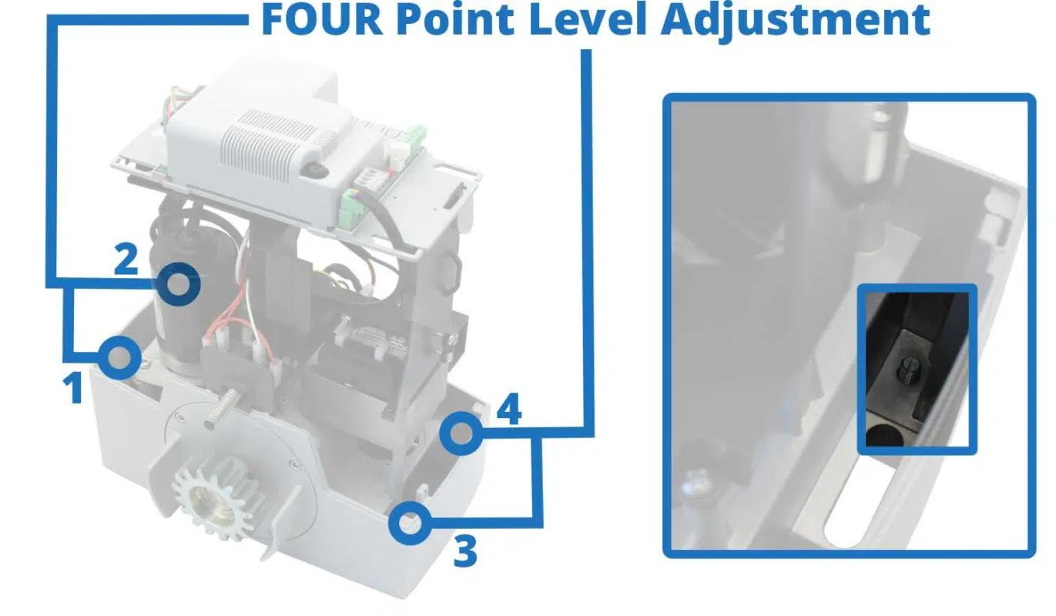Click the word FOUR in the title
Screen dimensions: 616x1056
click(321, 21)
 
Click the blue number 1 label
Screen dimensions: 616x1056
click(74, 388)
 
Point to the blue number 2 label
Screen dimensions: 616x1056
click(126, 259)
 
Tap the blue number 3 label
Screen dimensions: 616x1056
click(464, 551)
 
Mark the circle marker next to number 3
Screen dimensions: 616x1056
click(408, 524)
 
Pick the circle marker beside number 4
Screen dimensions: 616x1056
click(461, 433)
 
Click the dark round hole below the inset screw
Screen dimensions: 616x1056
click(886, 437)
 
